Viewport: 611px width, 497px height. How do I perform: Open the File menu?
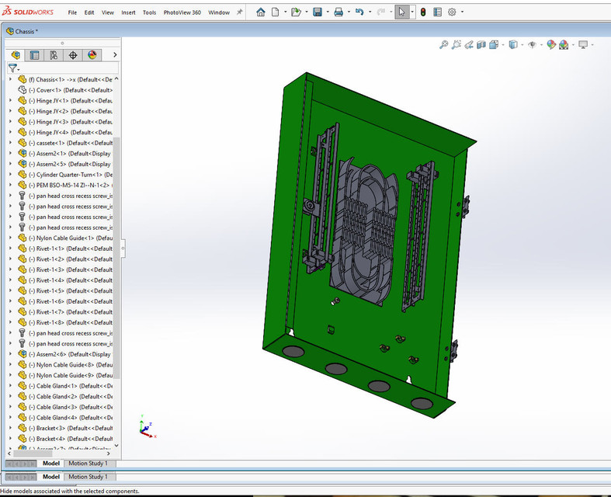pos(72,12)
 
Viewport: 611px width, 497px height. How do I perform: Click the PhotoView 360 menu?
pos(182,12)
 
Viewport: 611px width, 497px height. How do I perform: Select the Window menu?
pos(219,12)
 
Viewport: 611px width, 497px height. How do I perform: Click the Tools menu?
pos(149,12)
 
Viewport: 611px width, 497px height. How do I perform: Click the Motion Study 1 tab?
pos(88,476)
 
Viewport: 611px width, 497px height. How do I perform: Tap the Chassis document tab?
pos(26,32)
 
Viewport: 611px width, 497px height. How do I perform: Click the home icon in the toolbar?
pos(260,12)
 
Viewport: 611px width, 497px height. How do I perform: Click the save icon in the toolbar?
pos(318,12)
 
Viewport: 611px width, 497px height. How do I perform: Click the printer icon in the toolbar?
pos(338,12)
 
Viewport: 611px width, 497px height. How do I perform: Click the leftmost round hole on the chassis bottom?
pos(293,352)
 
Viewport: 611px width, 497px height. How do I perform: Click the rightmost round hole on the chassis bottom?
pos(422,403)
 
